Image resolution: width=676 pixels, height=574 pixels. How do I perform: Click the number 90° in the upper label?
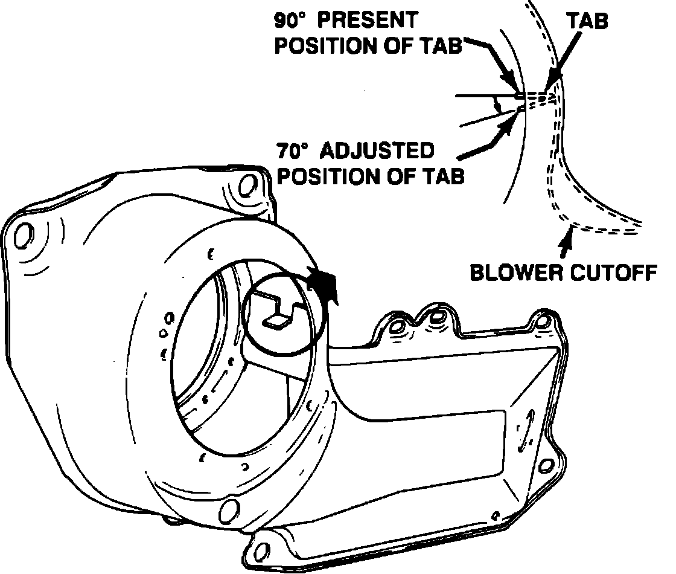[292, 20]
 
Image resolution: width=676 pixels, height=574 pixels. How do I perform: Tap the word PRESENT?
[366, 20]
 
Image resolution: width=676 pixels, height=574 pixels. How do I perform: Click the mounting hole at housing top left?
[22, 236]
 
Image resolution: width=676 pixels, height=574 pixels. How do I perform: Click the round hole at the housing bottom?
[228, 511]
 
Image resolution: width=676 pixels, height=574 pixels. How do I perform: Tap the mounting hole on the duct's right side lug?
[546, 466]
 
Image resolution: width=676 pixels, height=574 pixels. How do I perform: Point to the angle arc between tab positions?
[497, 106]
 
